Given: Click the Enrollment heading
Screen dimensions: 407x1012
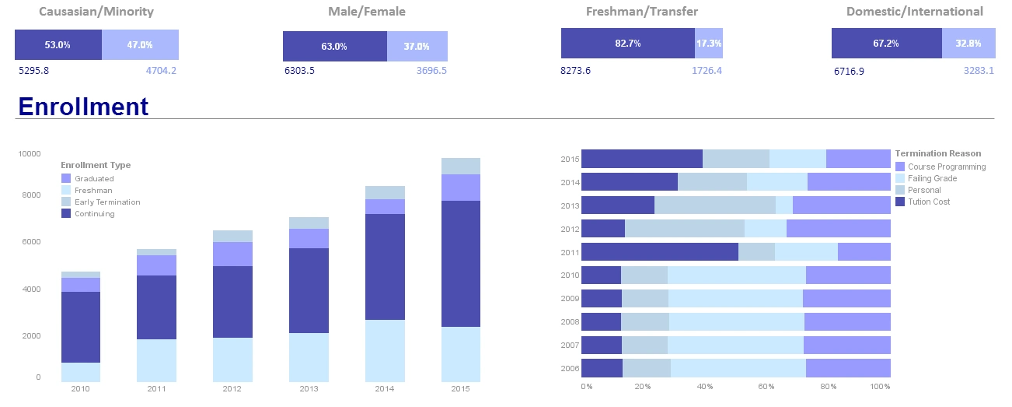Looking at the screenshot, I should click(x=82, y=107).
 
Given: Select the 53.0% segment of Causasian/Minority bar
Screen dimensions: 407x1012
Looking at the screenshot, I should click(x=58, y=45).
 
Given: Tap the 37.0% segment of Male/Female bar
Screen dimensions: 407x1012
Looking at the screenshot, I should click(x=417, y=46).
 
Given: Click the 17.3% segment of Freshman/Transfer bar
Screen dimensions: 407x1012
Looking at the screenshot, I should click(x=708, y=44).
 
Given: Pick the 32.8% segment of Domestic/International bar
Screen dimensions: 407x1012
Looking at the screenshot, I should click(x=968, y=44).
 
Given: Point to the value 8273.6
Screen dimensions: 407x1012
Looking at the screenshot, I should click(x=575, y=70).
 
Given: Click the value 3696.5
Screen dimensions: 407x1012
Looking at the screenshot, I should click(x=431, y=70).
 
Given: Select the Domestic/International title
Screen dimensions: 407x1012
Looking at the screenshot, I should click(x=914, y=12).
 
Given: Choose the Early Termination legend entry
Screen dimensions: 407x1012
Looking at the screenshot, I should click(x=106, y=202).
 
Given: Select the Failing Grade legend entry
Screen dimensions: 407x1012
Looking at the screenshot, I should click(x=932, y=178).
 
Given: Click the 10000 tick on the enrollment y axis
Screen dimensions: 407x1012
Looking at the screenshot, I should click(x=30, y=154).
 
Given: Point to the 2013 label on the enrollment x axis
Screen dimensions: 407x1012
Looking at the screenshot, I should click(x=309, y=388).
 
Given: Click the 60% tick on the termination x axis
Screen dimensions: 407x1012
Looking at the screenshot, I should click(x=766, y=386).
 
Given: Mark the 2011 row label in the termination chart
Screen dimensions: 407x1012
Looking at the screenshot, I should click(x=570, y=252).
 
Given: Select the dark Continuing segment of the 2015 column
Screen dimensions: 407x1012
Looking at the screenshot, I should click(x=461, y=263).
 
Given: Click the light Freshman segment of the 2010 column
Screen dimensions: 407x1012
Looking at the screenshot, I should click(x=80, y=372).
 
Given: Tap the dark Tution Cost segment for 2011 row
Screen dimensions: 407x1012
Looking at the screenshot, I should click(x=659, y=252).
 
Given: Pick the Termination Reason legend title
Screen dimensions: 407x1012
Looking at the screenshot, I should click(x=937, y=153).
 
